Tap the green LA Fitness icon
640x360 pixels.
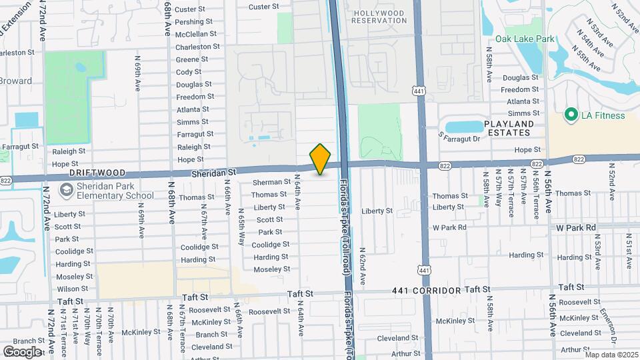click(x=571, y=115)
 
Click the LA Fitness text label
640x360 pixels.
click(x=603, y=115)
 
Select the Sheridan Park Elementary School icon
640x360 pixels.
click(x=65, y=191)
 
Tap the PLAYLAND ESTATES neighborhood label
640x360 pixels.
click(x=509, y=129)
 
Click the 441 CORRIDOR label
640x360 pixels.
click(x=427, y=291)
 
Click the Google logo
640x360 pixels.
click(x=22, y=351)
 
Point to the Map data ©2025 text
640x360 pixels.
click(x=611, y=355)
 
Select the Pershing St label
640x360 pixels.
click(x=193, y=22)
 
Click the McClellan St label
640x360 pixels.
click(x=193, y=34)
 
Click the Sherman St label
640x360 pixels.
click(x=271, y=182)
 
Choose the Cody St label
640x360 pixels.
click(x=189, y=72)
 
